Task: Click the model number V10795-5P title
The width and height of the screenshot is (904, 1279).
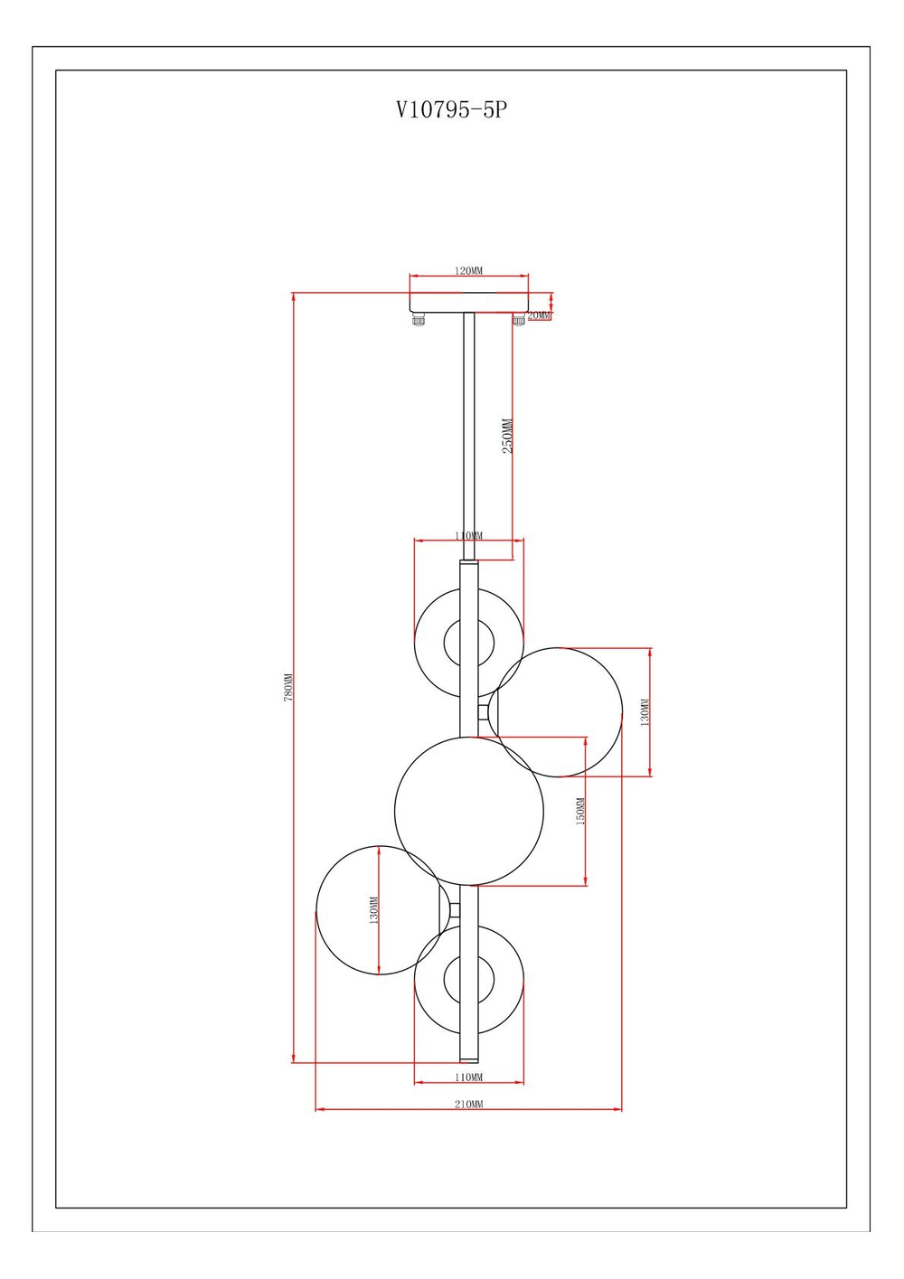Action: click(451, 109)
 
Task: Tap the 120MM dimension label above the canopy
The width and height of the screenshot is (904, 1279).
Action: click(468, 270)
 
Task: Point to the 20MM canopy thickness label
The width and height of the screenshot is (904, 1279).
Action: click(539, 315)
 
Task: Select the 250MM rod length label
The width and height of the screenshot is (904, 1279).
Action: click(507, 436)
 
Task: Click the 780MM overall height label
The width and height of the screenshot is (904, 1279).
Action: click(288, 687)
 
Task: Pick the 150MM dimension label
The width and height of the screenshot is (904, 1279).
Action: click(580, 811)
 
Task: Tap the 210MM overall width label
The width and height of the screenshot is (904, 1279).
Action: click(468, 1105)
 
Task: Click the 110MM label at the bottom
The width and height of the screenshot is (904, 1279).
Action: click(468, 1077)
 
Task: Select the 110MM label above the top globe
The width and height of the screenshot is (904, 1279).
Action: click(468, 536)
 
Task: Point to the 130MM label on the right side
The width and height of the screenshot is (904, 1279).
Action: click(645, 712)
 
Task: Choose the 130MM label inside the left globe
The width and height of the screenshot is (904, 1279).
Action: click(373, 910)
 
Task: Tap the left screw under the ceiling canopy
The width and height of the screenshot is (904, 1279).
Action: click(419, 319)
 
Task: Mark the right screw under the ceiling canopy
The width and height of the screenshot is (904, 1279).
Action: click(519, 319)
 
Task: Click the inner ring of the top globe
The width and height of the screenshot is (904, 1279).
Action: click(469, 644)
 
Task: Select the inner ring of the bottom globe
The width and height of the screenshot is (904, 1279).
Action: click(469, 979)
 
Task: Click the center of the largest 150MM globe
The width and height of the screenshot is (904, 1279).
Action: click(469, 811)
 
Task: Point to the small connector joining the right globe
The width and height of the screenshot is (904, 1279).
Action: click(484, 711)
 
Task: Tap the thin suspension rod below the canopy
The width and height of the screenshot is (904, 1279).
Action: click(468, 434)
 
